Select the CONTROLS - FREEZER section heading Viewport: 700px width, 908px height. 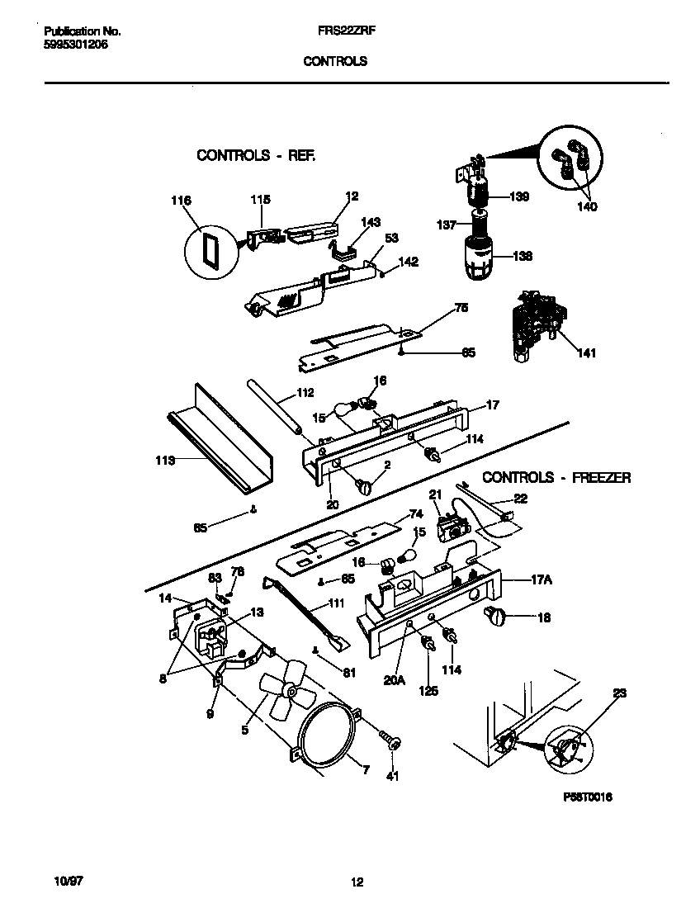click(x=556, y=477)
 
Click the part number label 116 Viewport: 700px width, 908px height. click(x=181, y=201)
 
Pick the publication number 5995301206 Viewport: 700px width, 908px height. click(x=75, y=45)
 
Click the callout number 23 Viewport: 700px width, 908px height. click(x=620, y=694)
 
